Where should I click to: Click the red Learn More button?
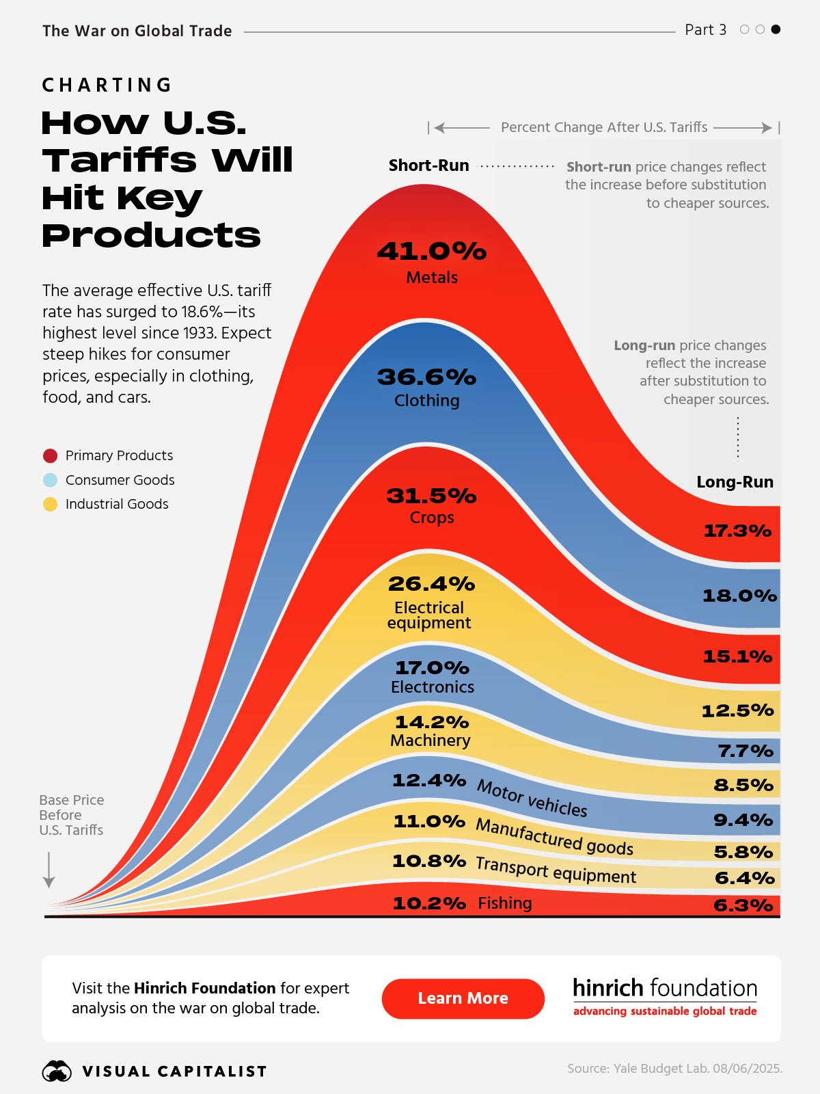click(463, 998)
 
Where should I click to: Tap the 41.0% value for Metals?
click(432, 252)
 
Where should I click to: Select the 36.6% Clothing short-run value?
click(427, 377)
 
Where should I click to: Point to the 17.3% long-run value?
click(737, 531)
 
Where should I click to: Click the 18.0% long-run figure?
click(739, 596)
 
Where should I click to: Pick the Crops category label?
click(432, 518)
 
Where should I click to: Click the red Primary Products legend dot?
click(50, 455)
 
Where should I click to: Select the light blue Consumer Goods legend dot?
click(50, 480)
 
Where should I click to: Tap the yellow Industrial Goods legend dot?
click(50, 505)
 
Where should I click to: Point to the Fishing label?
click(504, 903)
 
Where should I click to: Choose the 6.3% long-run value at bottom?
click(743, 905)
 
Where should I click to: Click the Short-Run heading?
click(428, 165)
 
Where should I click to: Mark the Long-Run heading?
click(735, 482)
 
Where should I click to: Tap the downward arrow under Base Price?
click(49, 870)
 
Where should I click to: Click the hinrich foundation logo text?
click(664, 989)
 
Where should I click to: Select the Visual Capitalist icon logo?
click(57, 1071)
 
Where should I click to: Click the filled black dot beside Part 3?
click(776, 29)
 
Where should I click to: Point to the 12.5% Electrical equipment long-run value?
click(737, 711)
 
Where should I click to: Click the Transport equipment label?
click(556, 870)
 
